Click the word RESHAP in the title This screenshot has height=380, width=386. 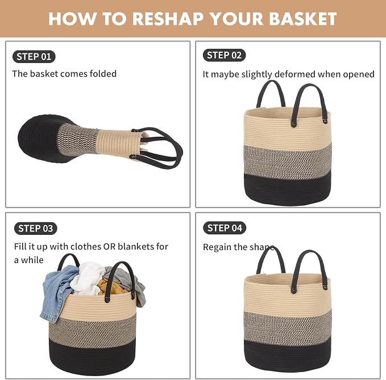tap(168, 19)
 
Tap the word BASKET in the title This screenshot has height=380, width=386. tap(303, 19)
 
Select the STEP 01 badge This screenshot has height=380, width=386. tap(34, 57)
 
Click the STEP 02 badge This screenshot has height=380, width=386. tap(224, 55)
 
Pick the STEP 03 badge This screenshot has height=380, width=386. tap(36, 229)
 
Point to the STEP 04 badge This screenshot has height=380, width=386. tap(225, 228)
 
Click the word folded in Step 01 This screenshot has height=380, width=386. tap(103, 74)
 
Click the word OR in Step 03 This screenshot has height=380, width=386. tap(109, 246)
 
